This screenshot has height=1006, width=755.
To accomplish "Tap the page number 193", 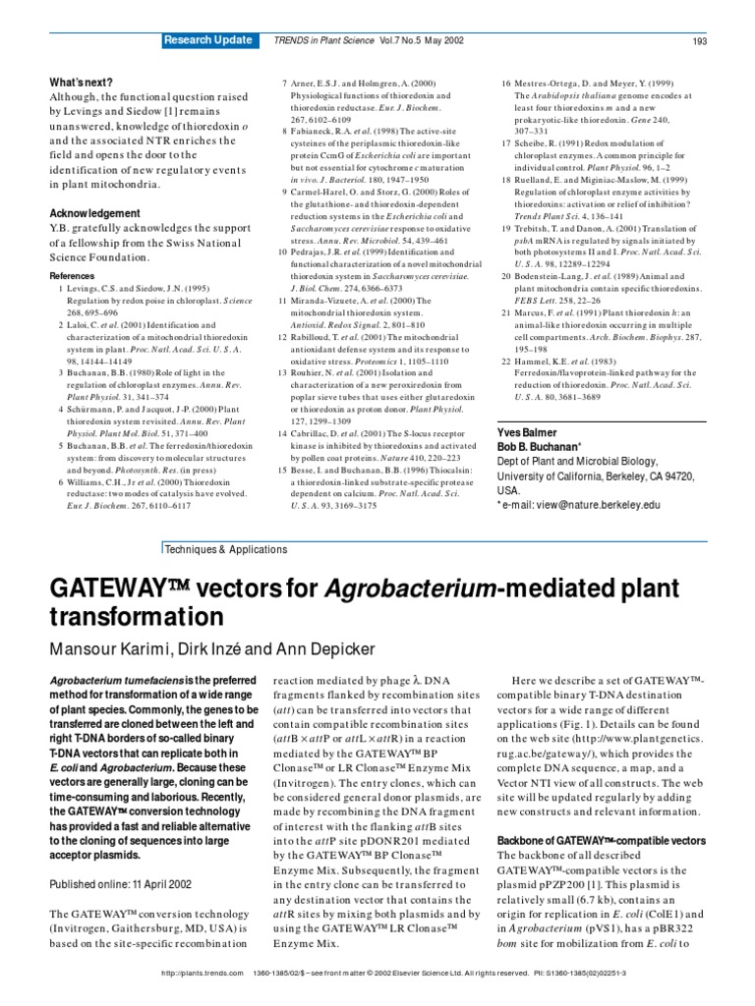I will point(700,41).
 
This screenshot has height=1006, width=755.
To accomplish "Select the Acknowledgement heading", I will point(94,213).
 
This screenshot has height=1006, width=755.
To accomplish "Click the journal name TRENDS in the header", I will point(294,41).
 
